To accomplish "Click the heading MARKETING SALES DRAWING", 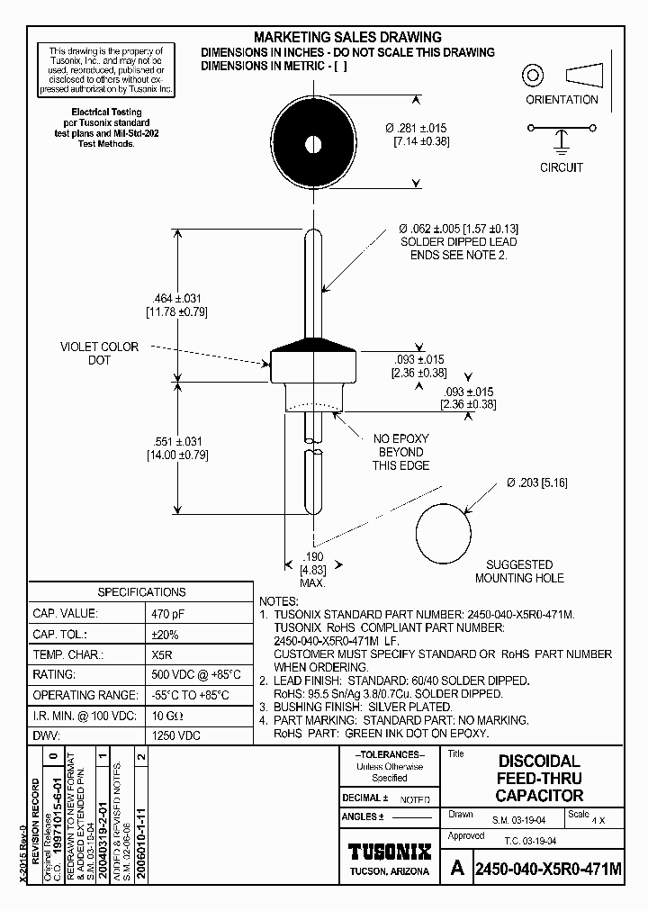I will point(347,37).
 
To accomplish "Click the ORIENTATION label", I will point(562,100).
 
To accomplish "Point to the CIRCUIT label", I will point(562,167).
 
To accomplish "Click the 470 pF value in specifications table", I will point(169,613).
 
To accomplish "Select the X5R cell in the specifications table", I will point(162,654).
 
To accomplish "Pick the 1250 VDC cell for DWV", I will point(176,735).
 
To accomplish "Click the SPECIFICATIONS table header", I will point(141,592).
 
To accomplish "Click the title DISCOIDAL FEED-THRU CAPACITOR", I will point(539,779).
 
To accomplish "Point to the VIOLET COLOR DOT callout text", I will point(99,353).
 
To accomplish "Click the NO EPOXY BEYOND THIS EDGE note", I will point(400,452).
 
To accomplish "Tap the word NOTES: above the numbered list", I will point(278,600).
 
